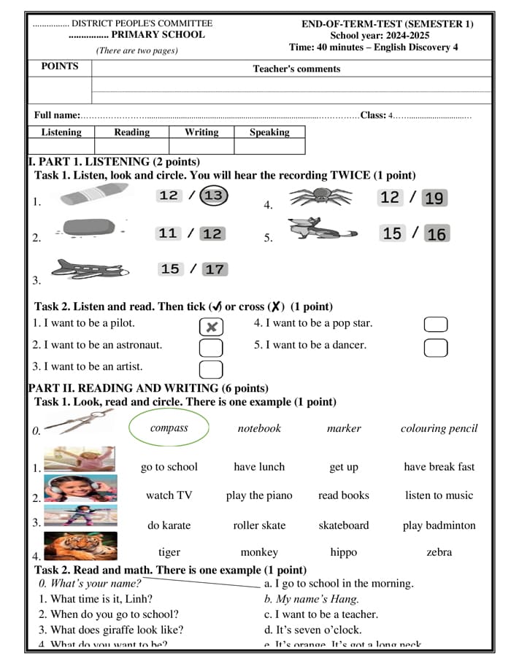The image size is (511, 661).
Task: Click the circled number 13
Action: pyautogui.click(x=213, y=196)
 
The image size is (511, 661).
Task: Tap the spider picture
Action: pyautogui.click(x=320, y=196)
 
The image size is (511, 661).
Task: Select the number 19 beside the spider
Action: pyautogui.click(x=434, y=198)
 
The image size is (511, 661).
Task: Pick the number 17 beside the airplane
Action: pyautogui.click(x=215, y=269)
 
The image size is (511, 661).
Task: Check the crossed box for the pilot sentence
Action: pyautogui.click(x=211, y=326)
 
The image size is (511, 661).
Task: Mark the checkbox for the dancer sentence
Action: pyautogui.click(x=436, y=347)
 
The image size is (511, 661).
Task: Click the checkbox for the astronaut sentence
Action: pyautogui.click(x=211, y=347)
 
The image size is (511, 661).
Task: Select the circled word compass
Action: pyautogui.click(x=169, y=428)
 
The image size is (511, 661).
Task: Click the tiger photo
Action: pyautogui.click(x=80, y=546)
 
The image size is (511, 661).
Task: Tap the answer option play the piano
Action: pyautogui.click(x=259, y=495)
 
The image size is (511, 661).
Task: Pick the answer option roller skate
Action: pyautogui.click(x=259, y=525)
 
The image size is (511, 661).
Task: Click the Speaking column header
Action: pyautogui.click(x=269, y=132)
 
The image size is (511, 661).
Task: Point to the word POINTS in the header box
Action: pyautogui.click(x=60, y=66)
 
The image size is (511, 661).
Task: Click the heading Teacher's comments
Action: pyautogui.click(x=296, y=69)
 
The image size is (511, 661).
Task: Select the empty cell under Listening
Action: pyautogui.click(x=61, y=147)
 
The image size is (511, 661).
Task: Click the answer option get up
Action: pyautogui.click(x=344, y=467)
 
